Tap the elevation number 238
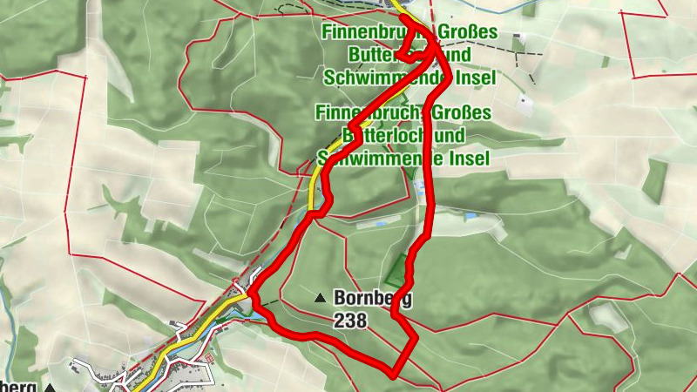pos(350,321)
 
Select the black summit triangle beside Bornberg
pos(321,298)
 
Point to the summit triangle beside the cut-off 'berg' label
pos(51,387)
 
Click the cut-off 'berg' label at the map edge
pos(17,386)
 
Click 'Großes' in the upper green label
pos(468,33)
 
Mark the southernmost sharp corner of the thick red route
pos(394,375)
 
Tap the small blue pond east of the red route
pos(471,215)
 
